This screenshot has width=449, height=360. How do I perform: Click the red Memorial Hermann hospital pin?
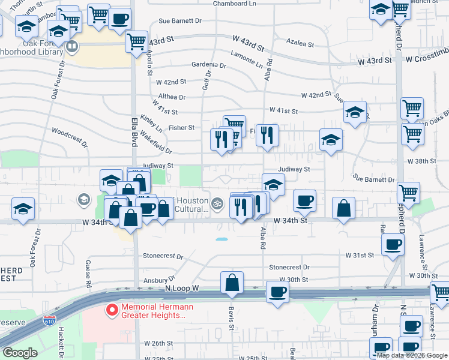tap(111, 310)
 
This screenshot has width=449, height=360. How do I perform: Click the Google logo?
tap(20, 353)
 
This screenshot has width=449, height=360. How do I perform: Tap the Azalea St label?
tap(300, 44)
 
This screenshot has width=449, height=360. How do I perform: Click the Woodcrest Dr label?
tap(70, 137)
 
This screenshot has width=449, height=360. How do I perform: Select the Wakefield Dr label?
tap(156, 146)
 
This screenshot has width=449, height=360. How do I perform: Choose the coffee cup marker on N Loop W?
tap(277, 292)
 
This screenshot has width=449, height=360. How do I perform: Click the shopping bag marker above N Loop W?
tap(232, 282)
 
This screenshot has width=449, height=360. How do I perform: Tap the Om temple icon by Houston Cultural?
tap(218, 204)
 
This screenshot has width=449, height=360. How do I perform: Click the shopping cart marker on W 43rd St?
tap(137, 41)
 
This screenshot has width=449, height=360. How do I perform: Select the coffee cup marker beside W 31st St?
tap(393, 244)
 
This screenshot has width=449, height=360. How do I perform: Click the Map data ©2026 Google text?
tap(411, 355)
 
